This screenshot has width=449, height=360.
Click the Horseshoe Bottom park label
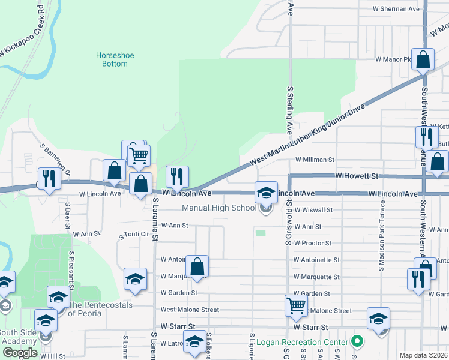(115, 59)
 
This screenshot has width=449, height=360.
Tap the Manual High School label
(219, 208)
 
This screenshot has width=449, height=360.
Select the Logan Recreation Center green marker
(358, 343)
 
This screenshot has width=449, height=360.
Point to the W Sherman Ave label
(396, 9)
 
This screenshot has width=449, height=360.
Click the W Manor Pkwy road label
(393, 59)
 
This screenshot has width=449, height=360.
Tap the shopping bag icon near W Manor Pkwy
(423, 60)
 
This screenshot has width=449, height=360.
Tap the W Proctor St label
(312, 243)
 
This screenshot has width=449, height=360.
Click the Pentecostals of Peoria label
(101, 308)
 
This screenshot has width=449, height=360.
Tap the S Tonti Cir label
(133, 235)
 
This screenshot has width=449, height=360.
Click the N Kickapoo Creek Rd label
(23, 33)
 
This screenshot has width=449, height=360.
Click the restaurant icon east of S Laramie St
(176, 176)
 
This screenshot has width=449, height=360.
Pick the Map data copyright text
(424, 355)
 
